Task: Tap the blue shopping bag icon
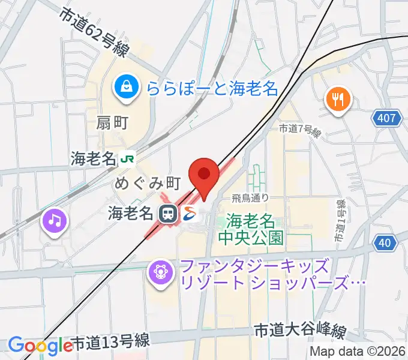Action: click(128, 88)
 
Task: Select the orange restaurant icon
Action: click(338, 98)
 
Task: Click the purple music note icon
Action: click(55, 221)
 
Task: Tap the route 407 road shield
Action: click(387, 118)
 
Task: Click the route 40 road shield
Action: click(387, 242)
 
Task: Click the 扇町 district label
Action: click(112, 123)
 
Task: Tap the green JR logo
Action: click(127, 159)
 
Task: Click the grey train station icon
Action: click(168, 212)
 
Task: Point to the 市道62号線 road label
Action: click(94, 31)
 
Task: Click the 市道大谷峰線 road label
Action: click(301, 331)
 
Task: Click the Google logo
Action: click(40, 346)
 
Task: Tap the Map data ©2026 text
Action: click(358, 352)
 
